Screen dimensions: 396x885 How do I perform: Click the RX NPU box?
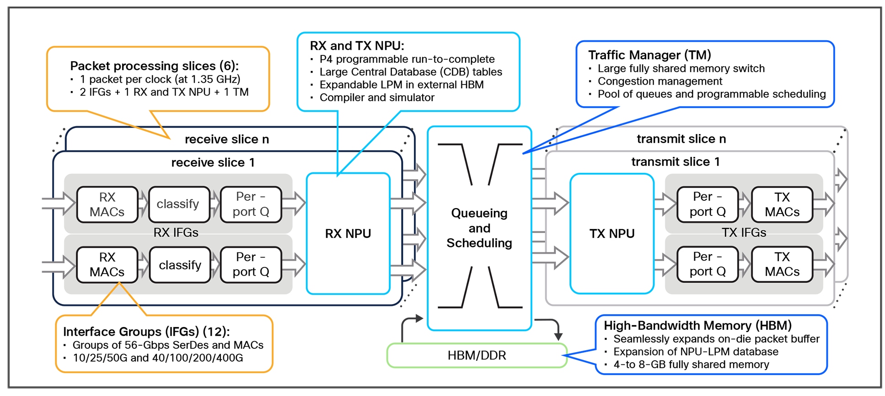tap(348, 233)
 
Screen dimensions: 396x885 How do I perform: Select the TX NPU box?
tap(611, 233)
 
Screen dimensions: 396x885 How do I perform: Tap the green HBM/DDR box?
tap(477, 356)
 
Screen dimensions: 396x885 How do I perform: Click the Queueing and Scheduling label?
tap(479, 228)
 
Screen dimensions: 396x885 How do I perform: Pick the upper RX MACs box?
tap(107, 204)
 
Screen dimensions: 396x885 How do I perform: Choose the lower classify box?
tap(180, 265)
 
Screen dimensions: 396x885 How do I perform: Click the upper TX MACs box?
tap(782, 204)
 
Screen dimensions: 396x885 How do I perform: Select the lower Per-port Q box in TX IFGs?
tap(707, 264)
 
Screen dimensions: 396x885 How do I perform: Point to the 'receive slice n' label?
tap(226, 139)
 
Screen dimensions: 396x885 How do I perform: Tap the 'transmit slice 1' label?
tap(675, 162)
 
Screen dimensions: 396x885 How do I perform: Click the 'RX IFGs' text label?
tap(176, 233)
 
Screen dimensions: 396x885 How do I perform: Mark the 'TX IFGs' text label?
tap(744, 233)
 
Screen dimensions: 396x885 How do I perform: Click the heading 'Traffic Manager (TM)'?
tap(649, 55)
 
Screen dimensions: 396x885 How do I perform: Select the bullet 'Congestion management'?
tap(660, 81)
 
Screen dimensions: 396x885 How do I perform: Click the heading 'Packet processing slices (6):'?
tap(154, 66)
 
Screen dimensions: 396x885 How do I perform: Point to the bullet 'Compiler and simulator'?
tap(376, 98)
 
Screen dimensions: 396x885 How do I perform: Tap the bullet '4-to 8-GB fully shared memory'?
tap(691, 364)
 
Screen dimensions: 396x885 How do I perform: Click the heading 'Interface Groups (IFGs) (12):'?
tap(146, 332)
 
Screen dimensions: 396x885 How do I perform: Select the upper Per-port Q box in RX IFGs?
tap(251, 204)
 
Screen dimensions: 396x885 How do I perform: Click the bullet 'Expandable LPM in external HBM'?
tap(401, 85)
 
